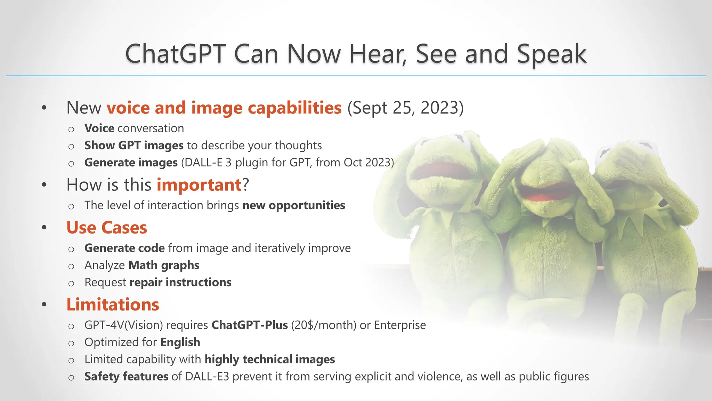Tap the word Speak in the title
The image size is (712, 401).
click(x=551, y=54)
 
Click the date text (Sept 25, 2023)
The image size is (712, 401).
click(x=405, y=108)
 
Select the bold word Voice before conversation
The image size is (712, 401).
click(x=99, y=128)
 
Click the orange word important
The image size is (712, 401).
click(x=199, y=185)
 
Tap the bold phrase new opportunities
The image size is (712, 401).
click(x=293, y=205)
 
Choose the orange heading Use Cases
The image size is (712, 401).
click(x=107, y=228)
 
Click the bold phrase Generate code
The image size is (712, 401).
click(x=124, y=248)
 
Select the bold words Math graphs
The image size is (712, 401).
click(x=164, y=265)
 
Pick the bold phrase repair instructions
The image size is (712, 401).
click(x=180, y=282)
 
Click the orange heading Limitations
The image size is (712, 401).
click(x=113, y=305)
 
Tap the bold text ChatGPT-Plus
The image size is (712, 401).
click(x=250, y=325)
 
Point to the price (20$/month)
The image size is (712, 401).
click(x=324, y=325)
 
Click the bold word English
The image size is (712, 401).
click(x=180, y=342)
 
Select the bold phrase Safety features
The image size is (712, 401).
click(x=126, y=377)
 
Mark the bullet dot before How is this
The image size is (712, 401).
click(x=44, y=185)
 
